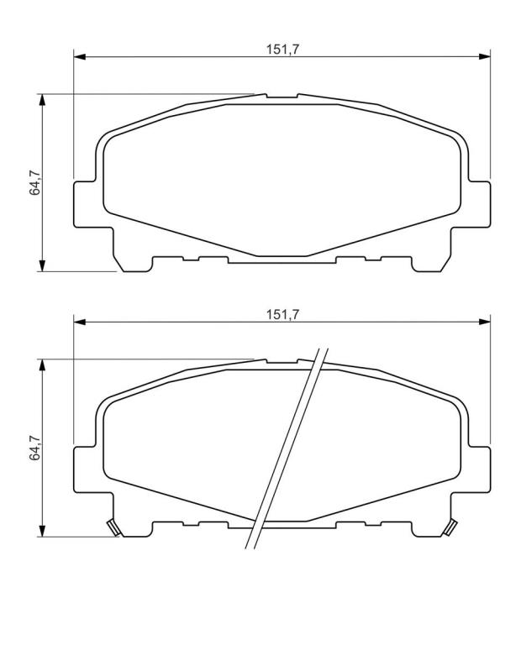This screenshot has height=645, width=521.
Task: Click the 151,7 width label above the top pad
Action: (282, 50)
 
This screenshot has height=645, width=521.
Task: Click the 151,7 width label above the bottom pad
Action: (282, 315)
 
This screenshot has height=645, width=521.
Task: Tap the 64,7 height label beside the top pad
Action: (34, 182)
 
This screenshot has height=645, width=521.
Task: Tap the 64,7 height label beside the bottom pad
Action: (34, 448)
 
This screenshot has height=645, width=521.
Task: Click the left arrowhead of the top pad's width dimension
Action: (80, 57)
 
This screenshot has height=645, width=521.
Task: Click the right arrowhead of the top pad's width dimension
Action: (484, 57)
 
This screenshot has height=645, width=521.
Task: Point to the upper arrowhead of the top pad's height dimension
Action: (41, 100)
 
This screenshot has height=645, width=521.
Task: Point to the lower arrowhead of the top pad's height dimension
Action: (41, 265)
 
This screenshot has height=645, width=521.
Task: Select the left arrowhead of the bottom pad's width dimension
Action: (80, 322)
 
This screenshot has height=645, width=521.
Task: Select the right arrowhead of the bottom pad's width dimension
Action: (484, 322)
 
